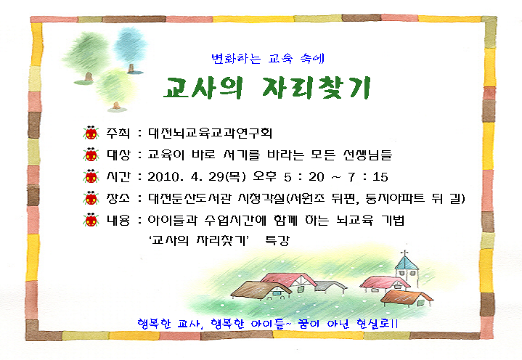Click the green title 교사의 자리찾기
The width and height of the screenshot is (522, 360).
coord(266,88)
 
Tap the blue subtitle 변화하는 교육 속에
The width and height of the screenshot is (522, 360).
coord(268,59)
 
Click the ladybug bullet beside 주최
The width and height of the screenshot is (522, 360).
coord(91,133)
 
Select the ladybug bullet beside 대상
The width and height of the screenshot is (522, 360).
coord(91,155)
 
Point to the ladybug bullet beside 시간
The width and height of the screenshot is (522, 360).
coord(91,176)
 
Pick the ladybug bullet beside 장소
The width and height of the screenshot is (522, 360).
coord(91,198)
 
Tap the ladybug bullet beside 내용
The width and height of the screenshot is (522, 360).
coord(91,220)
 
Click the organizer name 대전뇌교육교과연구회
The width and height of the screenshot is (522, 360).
coord(210,133)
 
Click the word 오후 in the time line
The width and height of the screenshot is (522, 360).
coord(265,176)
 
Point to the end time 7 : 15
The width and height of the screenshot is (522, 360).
coord(368,177)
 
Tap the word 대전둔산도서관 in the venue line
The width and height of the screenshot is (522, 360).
coord(189,198)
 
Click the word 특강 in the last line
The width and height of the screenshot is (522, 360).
coord(277,240)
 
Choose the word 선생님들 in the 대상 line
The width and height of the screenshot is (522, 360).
coord(367,155)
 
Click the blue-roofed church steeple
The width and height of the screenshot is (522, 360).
coord(407,269)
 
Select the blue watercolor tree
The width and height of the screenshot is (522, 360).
coord(131,50)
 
